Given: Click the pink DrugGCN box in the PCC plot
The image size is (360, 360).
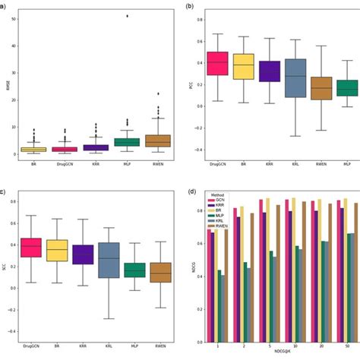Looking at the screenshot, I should pyautogui.click(x=218, y=63).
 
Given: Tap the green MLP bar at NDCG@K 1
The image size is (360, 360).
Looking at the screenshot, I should pyautogui.click(x=219, y=305).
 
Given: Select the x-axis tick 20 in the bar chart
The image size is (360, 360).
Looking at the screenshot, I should pyautogui.click(x=324, y=343).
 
